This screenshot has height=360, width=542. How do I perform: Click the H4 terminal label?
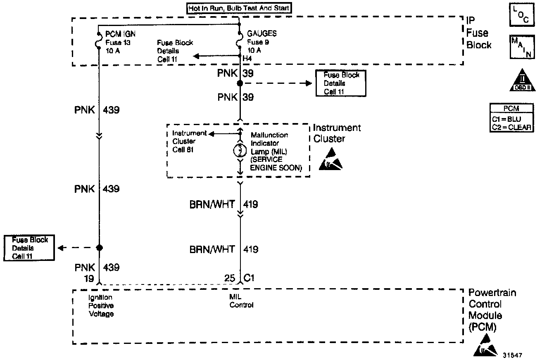click(x=247, y=59)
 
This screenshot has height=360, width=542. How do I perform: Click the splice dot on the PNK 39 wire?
click(x=240, y=83)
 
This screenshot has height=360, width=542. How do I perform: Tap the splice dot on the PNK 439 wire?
click(x=99, y=248)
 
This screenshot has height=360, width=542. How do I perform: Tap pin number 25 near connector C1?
click(x=230, y=278)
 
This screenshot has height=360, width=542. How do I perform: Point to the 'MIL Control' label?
click(x=242, y=301)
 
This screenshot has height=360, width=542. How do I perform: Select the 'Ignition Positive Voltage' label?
click(x=101, y=306)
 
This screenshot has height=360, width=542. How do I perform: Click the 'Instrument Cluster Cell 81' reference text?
click(x=184, y=141)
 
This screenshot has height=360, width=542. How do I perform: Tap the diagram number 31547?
click(x=513, y=355)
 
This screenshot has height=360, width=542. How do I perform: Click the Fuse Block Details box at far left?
click(x=30, y=248)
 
